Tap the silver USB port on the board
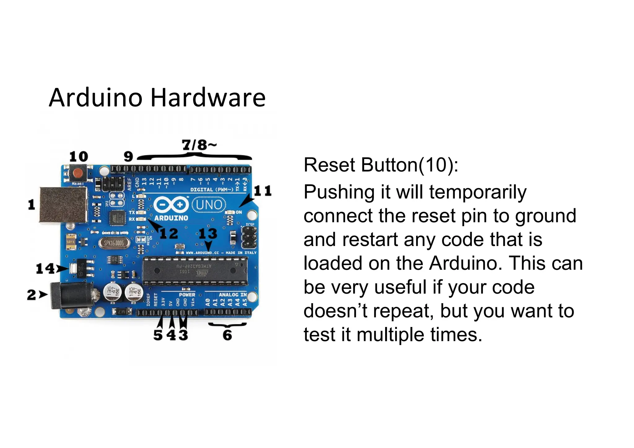[63, 205]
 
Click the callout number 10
[79, 157]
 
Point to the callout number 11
[263, 191]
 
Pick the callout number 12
[169, 234]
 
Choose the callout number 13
[208, 234]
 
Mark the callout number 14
[45, 269]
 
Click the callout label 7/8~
[199, 145]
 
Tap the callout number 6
[227, 335]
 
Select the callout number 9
[128, 157]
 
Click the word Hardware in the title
[208, 98]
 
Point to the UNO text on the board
[209, 205]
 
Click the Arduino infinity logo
[171, 205]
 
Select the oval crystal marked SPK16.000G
[114, 243]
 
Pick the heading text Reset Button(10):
[381, 165]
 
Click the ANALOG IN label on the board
[233, 295]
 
